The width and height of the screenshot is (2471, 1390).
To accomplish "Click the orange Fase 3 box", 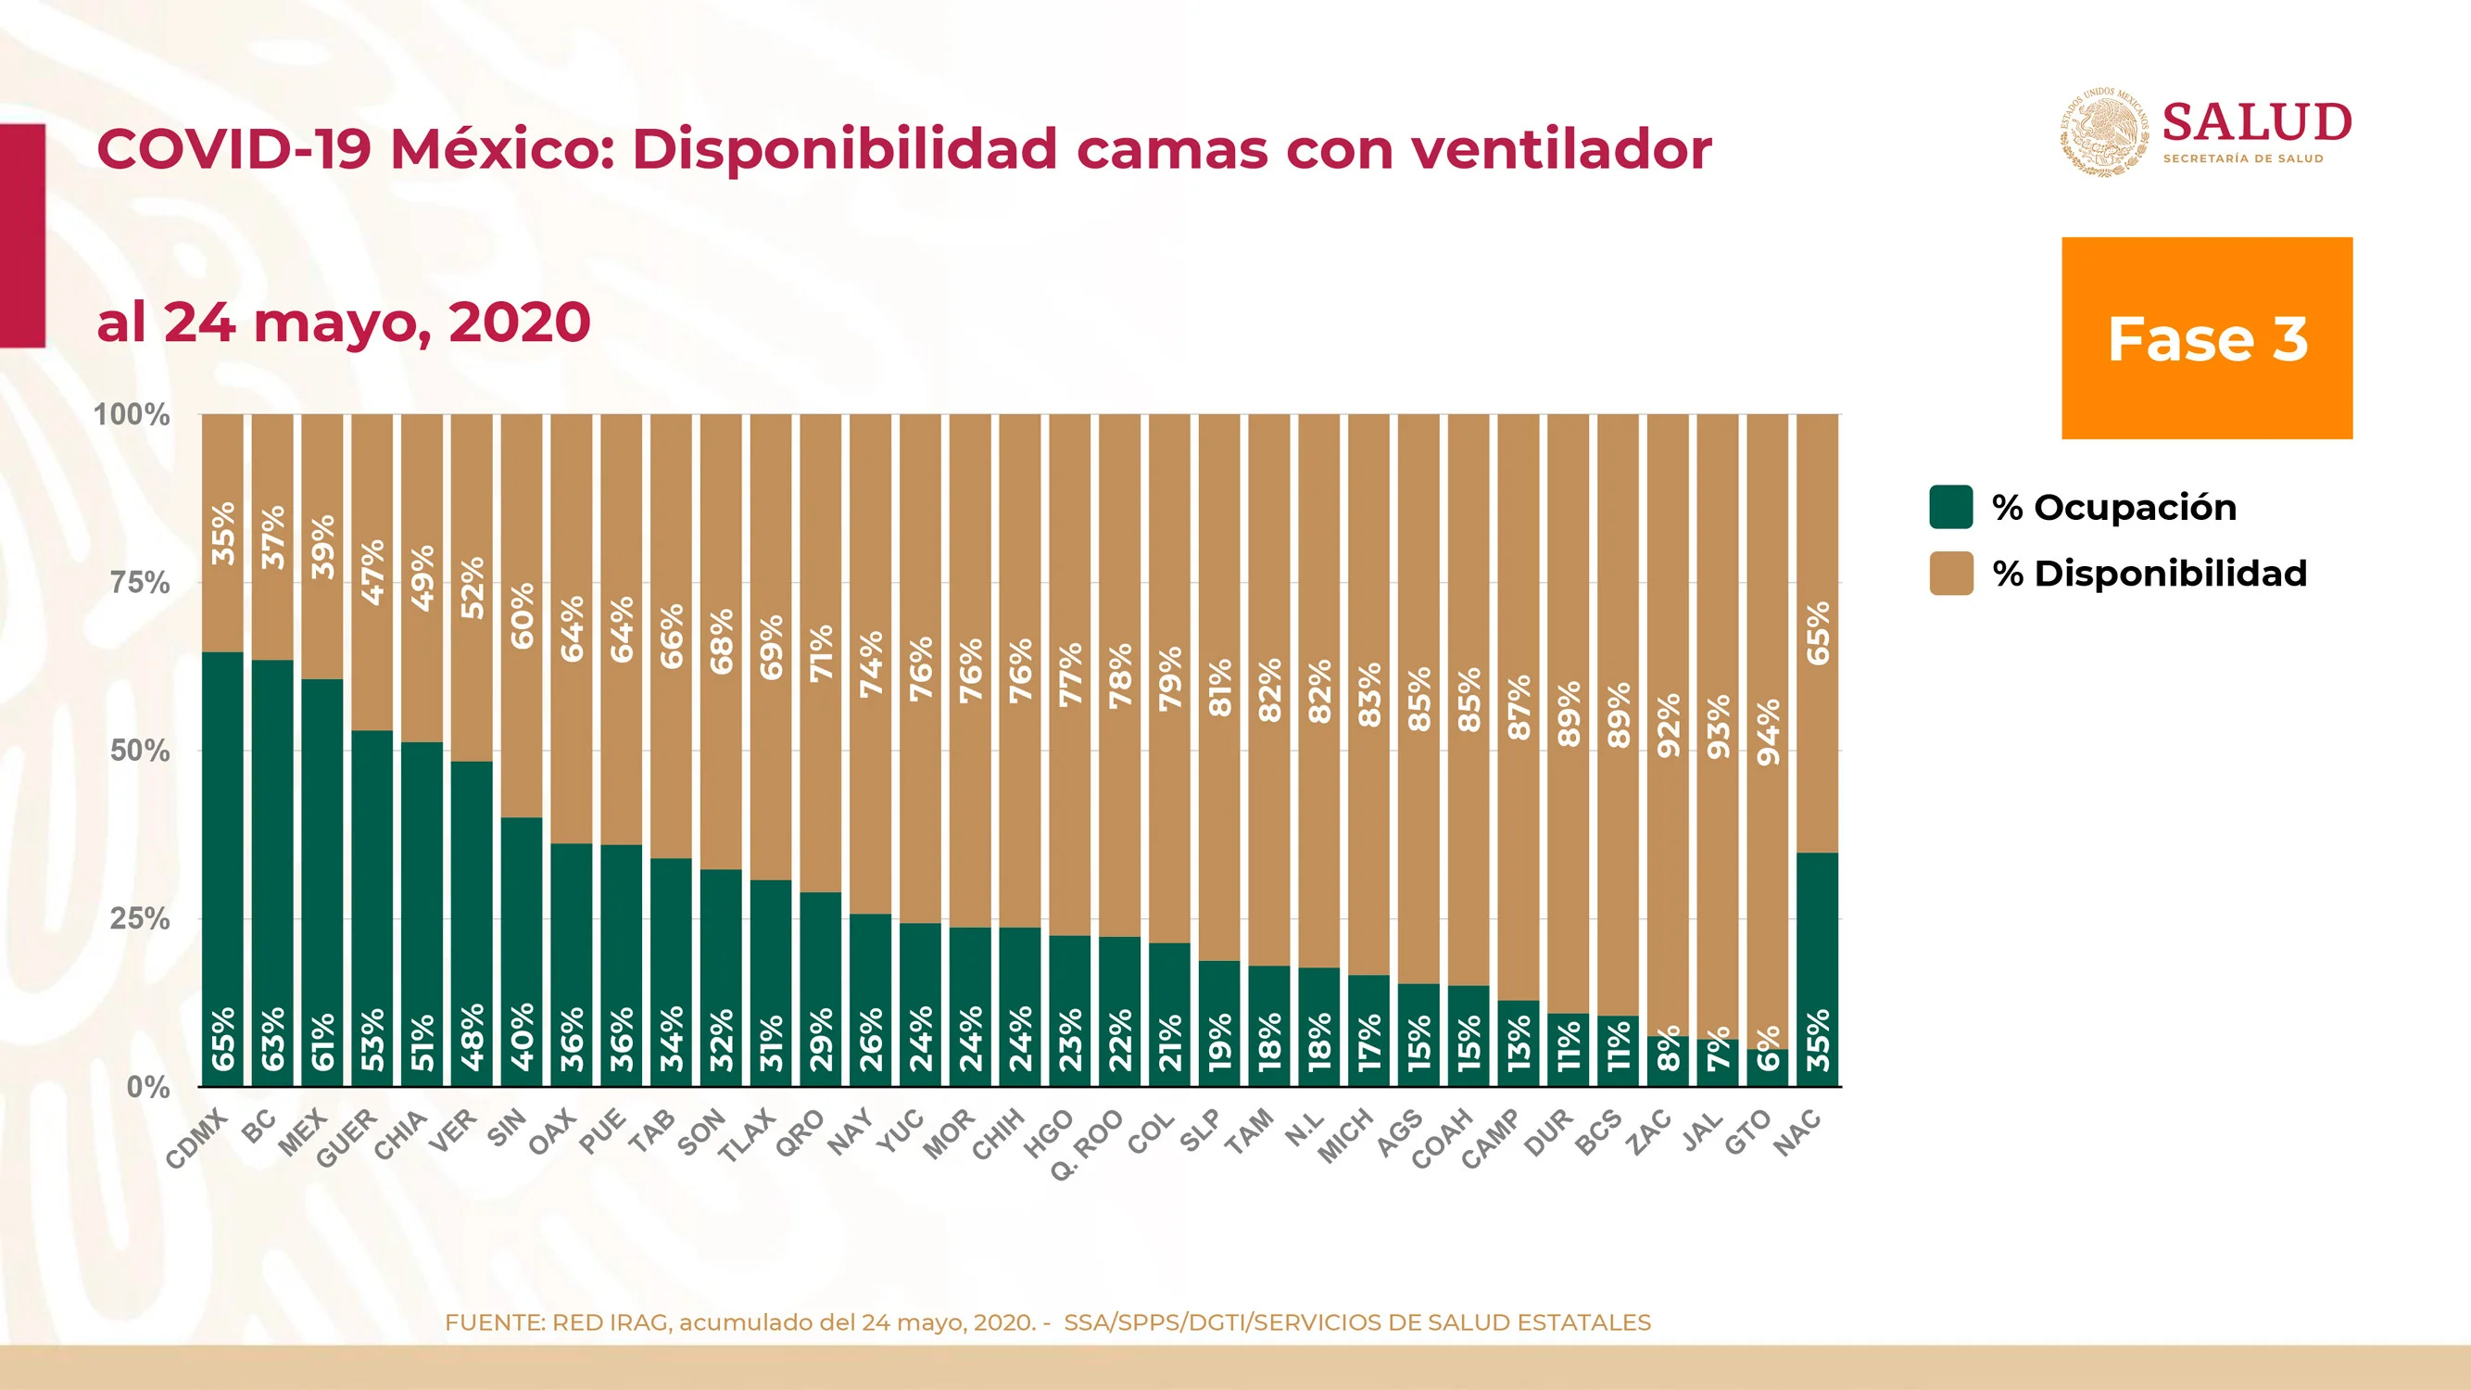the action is tap(2206, 337).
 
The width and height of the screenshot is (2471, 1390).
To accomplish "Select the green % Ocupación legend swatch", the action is tap(1951, 507).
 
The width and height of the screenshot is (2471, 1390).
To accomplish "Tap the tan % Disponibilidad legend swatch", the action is tap(1951, 573).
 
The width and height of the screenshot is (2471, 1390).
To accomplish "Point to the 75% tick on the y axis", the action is tap(140, 582).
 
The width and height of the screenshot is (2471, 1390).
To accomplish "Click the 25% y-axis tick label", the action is tap(140, 919).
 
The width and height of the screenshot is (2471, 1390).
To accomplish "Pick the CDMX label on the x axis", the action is tap(197, 1138).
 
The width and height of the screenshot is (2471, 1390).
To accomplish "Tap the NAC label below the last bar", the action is tap(1797, 1132).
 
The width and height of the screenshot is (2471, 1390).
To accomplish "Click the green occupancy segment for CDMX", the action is tap(222, 869).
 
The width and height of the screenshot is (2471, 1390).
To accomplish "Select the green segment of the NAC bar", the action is tap(1818, 970).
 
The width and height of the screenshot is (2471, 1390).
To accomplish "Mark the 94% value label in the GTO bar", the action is tap(1768, 732).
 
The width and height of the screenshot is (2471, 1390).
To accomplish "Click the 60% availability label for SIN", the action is tap(522, 616).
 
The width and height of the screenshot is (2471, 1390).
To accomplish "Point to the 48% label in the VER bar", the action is tap(472, 1037).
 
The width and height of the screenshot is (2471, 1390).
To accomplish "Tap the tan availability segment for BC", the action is tap(272, 537).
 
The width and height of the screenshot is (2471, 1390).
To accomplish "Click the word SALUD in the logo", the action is tap(2257, 123).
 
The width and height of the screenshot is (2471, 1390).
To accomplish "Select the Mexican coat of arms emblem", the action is tap(2106, 132).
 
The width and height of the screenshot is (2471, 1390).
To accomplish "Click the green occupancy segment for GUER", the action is tap(372, 908).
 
